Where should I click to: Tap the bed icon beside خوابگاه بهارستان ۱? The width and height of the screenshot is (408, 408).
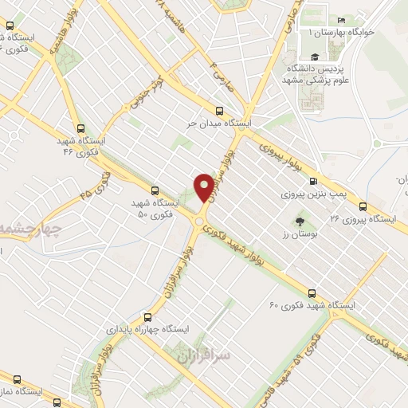342,20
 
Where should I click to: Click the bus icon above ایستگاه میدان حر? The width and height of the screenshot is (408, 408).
219,112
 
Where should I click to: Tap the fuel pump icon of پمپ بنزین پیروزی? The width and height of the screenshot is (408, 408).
312,181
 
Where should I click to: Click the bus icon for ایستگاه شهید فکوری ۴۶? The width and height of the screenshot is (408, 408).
80,127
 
